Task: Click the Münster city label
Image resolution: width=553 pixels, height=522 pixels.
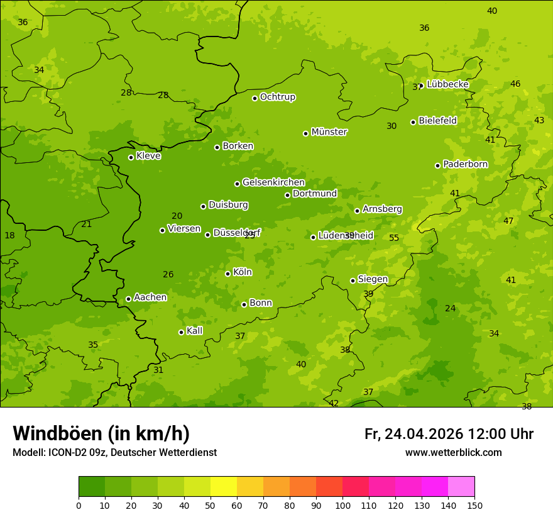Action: click(x=329, y=132)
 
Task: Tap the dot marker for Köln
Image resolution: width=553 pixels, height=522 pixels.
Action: click(x=227, y=274)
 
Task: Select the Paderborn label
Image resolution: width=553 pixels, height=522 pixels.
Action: click(x=465, y=164)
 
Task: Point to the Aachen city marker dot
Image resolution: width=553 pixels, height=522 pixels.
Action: click(x=128, y=299)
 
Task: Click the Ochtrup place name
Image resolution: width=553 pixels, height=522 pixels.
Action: click(x=277, y=97)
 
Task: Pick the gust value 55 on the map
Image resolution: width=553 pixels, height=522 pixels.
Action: click(x=394, y=238)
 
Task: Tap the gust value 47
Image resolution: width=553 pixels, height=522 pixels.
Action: click(x=508, y=221)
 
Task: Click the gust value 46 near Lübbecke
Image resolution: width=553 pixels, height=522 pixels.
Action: click(x=515, y=84)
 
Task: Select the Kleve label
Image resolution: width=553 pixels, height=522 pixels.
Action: click(x=148, y=156)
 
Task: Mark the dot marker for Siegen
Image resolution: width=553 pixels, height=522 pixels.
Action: click(x=353, y=280)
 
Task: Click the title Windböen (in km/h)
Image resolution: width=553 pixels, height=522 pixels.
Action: click(x=101, y=433)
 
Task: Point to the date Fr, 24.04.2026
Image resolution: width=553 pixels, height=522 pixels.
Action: click(x=413, y=434)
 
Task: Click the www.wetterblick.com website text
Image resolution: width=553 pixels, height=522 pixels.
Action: click(x=453, y=453)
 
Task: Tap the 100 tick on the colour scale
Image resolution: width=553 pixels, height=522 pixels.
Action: click(x=342, y=505)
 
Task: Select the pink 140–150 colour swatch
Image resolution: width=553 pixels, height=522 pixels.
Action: click(x=461, y=487)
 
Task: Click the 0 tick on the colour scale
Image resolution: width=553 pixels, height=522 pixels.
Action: click(x=79, y=505)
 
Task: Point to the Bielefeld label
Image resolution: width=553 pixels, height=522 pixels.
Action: click(x=437, y=121)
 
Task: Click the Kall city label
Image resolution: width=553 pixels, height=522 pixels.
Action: click(x=194, y=331)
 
